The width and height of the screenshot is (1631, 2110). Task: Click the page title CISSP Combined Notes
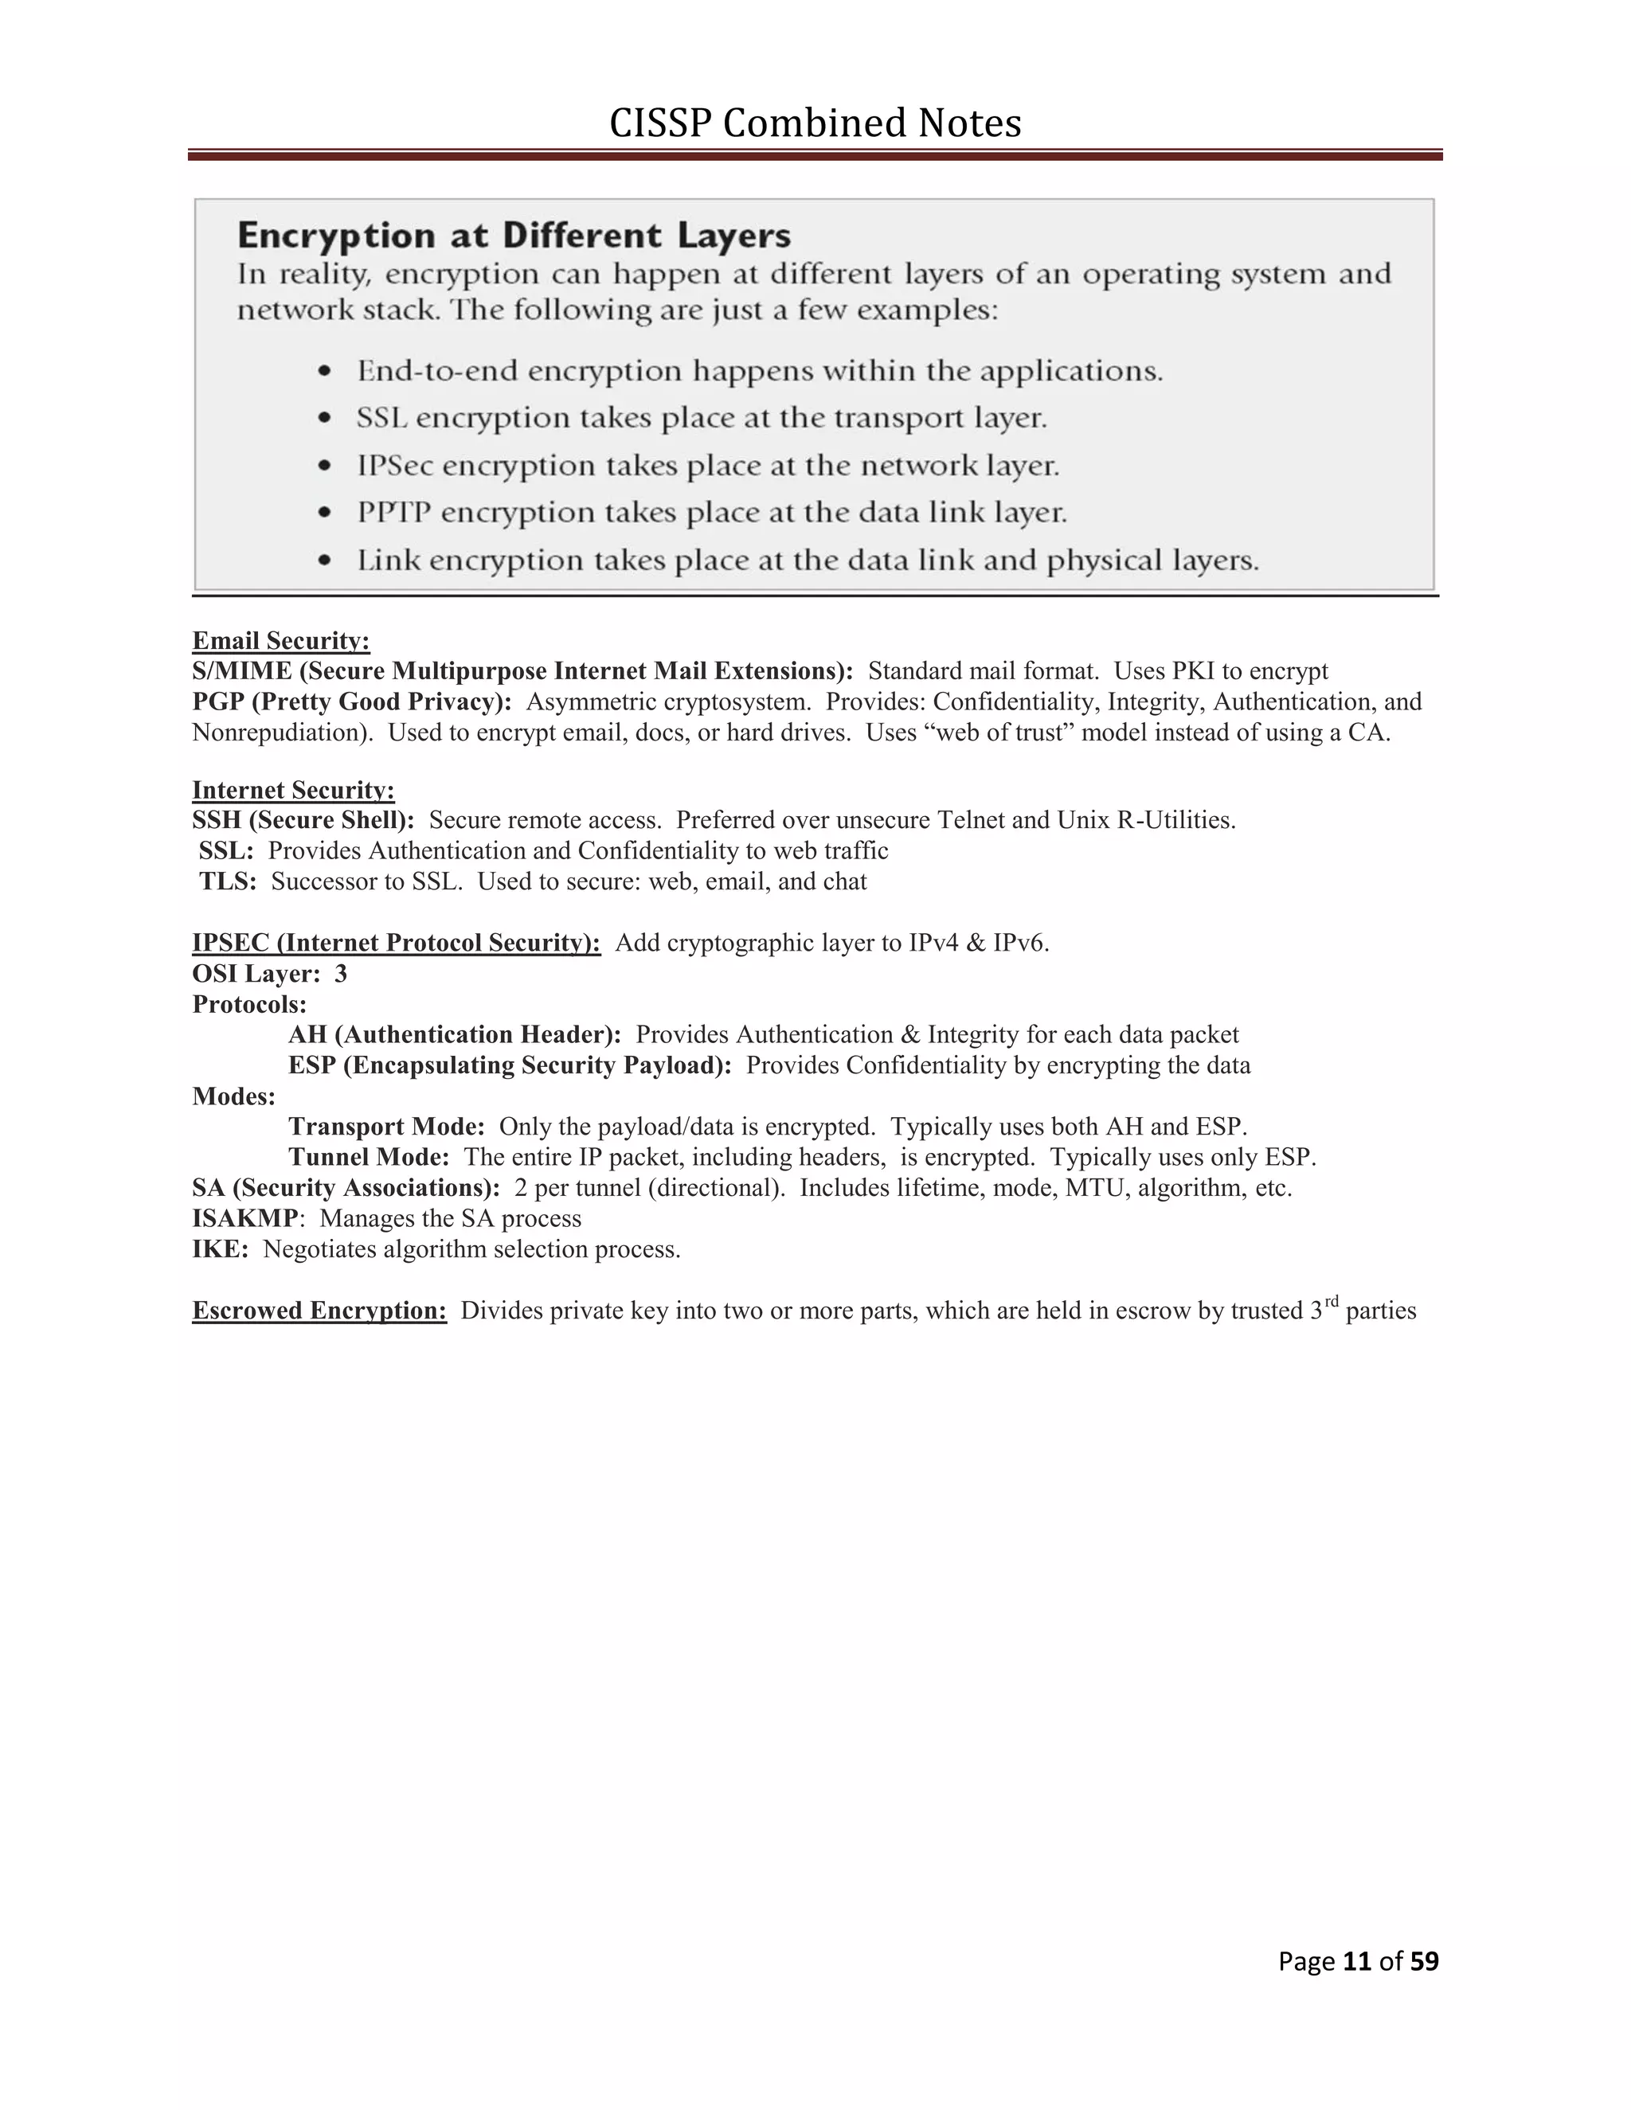click(x=815, y=123)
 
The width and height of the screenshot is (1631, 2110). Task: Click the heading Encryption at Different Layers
click(x=514, y=236)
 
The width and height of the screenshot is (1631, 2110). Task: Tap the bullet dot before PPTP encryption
click(x=327, y=512)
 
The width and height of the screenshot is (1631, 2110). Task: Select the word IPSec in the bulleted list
click(x=394, y=466)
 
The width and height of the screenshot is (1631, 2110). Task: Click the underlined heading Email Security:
click(x=280, y=640)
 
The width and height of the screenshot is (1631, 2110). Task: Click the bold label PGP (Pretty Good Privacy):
click(x=352, y=701)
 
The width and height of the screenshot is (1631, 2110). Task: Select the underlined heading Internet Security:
click(x=293, y=791)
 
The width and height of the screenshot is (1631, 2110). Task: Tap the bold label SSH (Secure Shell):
click(x=303, y=820)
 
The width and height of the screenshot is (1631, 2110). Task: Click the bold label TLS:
click(x=228, y=881)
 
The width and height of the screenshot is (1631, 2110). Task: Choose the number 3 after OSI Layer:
click(x=341, y=973)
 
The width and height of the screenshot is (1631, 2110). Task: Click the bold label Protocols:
click(x=249, y=1004)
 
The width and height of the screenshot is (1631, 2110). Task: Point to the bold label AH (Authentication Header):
click(x=454, y=1035)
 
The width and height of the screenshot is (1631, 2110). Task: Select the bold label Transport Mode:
click(x=386, y=1127)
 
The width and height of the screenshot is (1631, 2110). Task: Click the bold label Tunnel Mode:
click(x=368, y=1158)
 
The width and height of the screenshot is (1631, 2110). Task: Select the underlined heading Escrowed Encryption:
click(x=319, y=1311)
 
